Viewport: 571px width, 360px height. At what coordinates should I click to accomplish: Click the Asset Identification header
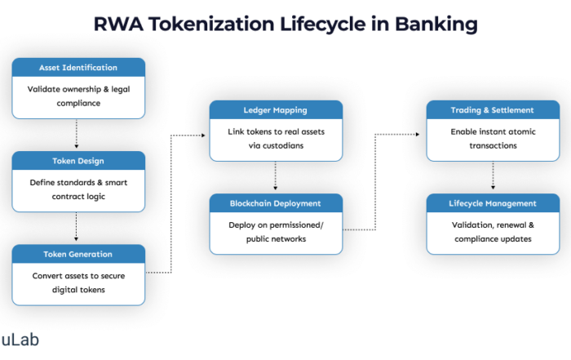click(78, 67)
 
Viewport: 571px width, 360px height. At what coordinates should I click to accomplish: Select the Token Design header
click(78, 161)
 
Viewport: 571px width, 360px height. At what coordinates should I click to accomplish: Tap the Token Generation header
click(78, 254)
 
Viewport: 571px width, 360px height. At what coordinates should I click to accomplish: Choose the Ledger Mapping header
click(275, 110)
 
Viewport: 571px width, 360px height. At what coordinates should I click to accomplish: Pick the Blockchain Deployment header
click(275, 203)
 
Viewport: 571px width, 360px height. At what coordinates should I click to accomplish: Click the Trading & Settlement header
click(492, 110)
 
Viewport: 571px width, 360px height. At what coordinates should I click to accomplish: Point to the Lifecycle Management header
click(492, 203)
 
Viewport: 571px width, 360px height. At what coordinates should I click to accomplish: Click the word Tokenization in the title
click(219, 24)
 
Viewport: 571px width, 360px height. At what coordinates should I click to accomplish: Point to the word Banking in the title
click(436, 24)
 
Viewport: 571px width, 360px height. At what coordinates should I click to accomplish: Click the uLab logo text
click(20, 340)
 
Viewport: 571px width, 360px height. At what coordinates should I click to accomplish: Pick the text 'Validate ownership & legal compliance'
click(78, 96)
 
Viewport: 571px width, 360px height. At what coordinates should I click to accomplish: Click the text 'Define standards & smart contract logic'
click(78, 189)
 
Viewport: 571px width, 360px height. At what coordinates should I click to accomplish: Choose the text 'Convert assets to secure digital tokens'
click(78, 282)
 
